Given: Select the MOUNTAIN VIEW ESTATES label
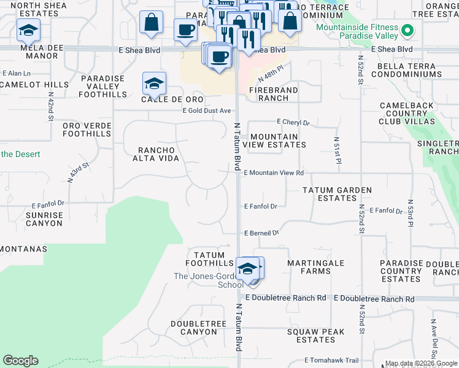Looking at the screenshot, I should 274,140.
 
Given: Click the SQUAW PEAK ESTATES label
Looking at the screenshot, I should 311,335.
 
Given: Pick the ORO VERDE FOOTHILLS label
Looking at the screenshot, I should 87,129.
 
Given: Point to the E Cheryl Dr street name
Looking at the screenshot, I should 293,123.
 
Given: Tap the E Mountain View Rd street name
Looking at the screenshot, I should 274,174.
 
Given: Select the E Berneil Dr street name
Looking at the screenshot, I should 261,233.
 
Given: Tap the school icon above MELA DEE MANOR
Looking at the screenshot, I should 28,30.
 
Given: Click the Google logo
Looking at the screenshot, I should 20,361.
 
